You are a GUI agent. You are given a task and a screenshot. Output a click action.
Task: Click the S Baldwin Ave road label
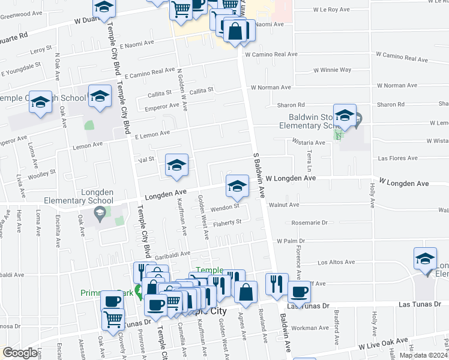click(260, 174)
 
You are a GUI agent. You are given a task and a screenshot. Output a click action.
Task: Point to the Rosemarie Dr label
click(309, 222)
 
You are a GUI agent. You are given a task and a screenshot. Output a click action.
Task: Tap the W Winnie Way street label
click(332, 70)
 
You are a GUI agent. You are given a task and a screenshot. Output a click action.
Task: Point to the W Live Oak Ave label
click(384, 345)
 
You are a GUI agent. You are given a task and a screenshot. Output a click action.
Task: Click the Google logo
click(20, 353)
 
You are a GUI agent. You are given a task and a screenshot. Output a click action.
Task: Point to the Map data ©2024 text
click(423, 355)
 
